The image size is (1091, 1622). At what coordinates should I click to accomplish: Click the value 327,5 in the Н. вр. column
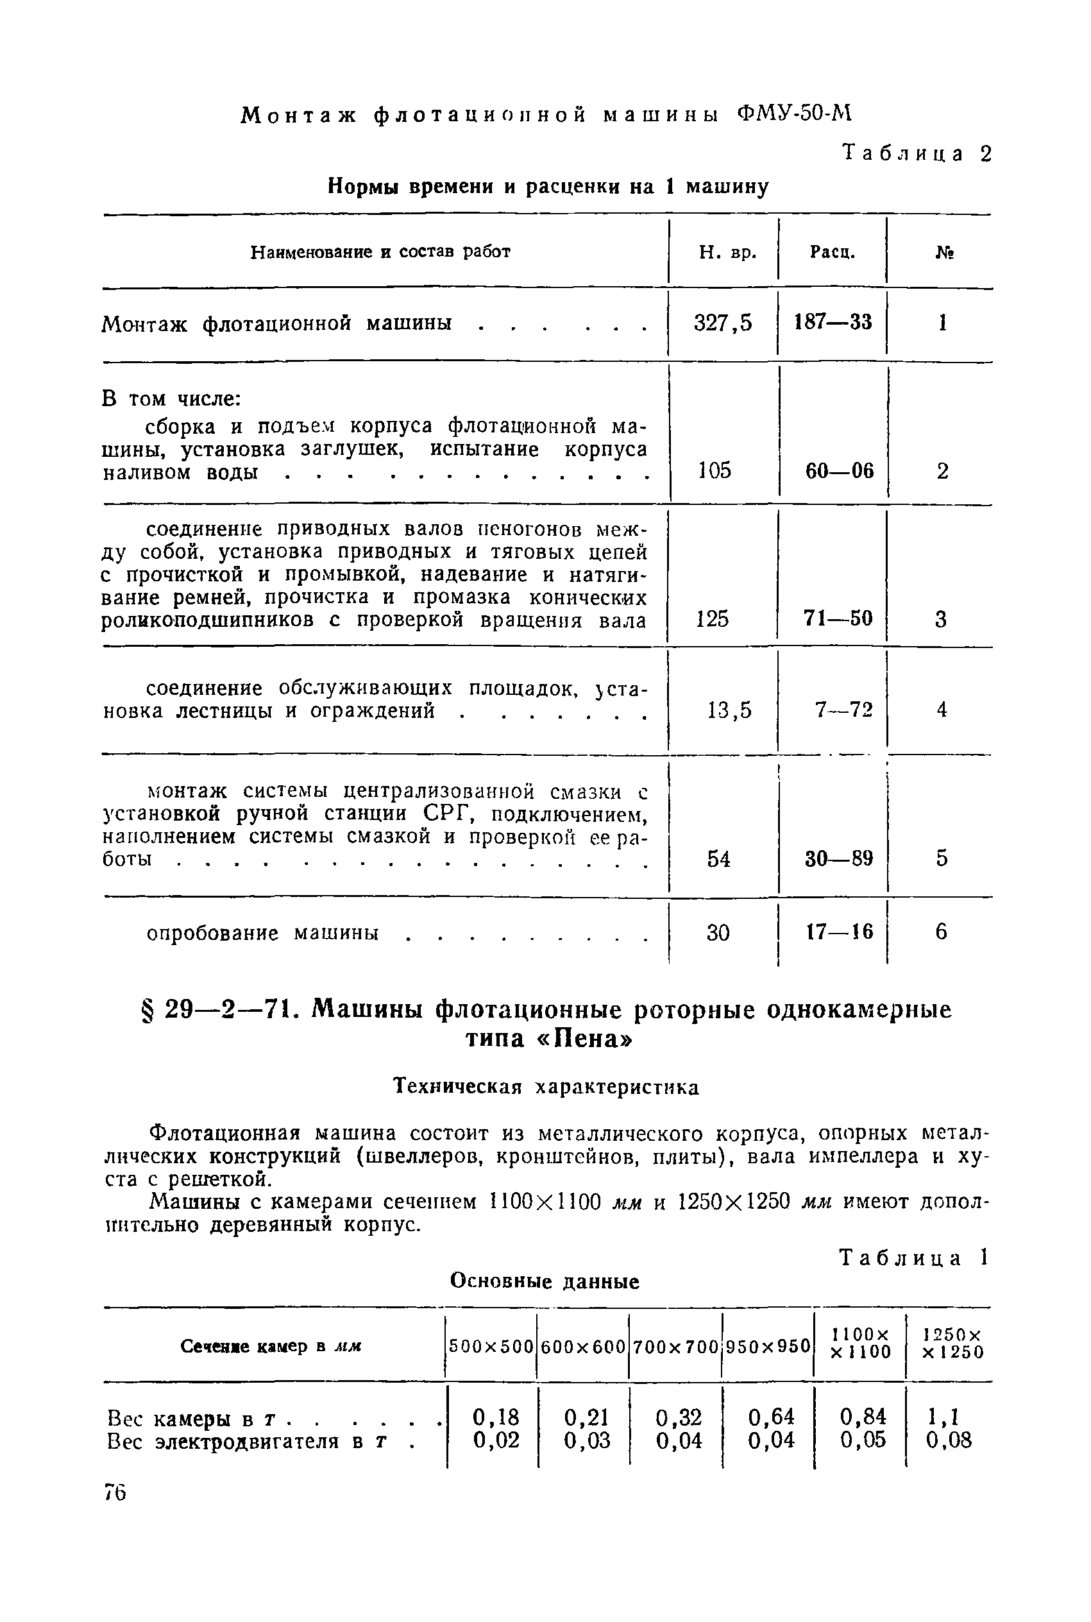point(723,323)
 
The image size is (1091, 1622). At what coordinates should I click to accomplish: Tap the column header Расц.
point(832,252)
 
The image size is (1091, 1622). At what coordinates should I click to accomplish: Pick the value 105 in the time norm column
point(715,471)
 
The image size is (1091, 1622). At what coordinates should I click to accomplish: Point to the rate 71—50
point(838,618)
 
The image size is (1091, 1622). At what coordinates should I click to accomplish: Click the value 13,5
point(729,710)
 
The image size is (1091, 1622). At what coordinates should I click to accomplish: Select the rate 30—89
point(838,858)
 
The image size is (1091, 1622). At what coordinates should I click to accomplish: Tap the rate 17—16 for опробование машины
point(839,932)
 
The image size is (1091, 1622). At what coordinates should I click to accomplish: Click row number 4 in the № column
point(942,710)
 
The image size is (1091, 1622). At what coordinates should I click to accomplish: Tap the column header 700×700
point(675,1347)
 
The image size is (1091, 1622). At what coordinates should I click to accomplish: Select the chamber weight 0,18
point(495,1417)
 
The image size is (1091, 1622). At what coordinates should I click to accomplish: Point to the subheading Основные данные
point(545,1281)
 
